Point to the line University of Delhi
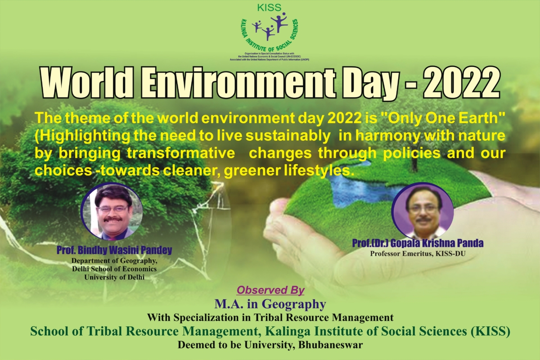click(114, 277)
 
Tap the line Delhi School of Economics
click(114, 269)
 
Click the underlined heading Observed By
click(270, 290)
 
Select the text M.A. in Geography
click(270, 304)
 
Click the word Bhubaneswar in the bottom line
click(327, 346)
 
